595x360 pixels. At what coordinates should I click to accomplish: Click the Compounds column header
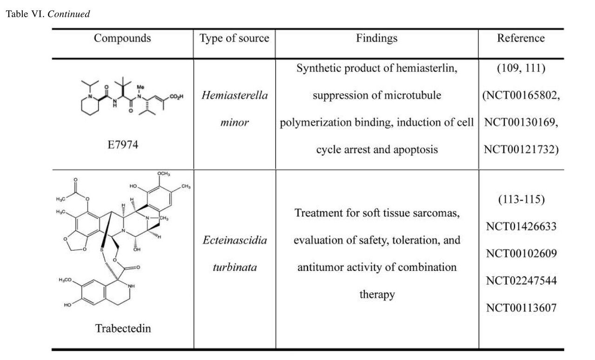click(122, 38)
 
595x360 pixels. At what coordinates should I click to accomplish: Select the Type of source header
click(234, 38)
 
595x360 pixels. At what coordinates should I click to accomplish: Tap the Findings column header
click(377, 38)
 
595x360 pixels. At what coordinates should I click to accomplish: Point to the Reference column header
click(521, 38)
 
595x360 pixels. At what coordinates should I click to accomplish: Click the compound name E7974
click(123, 145)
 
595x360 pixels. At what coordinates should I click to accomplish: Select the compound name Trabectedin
click(123, 328)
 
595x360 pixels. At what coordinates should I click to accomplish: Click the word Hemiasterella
click(234, 96)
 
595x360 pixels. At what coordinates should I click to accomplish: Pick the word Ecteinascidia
click(234, 241)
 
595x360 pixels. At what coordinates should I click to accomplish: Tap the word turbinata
click(234, 268)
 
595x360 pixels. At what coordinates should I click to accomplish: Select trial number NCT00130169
click(520, 123)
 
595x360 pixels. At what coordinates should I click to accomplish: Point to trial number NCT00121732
click(520, 149)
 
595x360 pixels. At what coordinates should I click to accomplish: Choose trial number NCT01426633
click(521, 227)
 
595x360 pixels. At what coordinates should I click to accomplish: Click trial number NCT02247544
click(521, 281)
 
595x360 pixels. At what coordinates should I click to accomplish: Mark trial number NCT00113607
click(521, 307)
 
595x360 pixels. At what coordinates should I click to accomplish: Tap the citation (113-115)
click(521, 200)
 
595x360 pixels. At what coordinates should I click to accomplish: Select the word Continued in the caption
click(68, 14)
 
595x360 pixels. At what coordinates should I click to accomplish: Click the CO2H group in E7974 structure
click(177, 97)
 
